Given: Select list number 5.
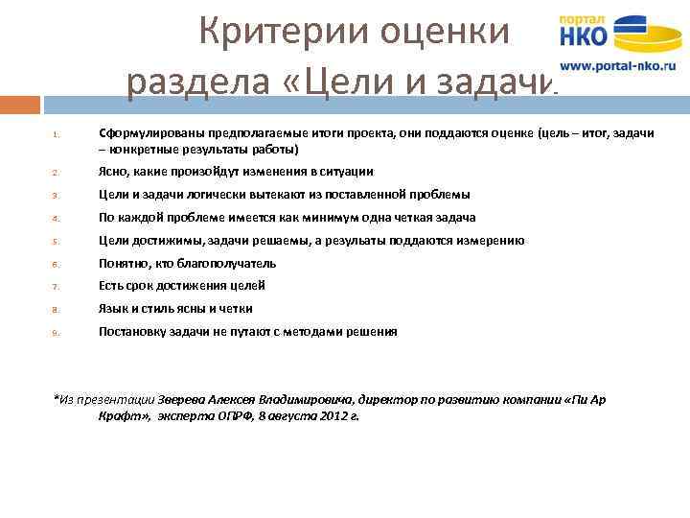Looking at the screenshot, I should coord(56,242).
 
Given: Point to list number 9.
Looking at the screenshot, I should coord(56,333).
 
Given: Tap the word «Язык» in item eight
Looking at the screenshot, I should coord(113,308).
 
